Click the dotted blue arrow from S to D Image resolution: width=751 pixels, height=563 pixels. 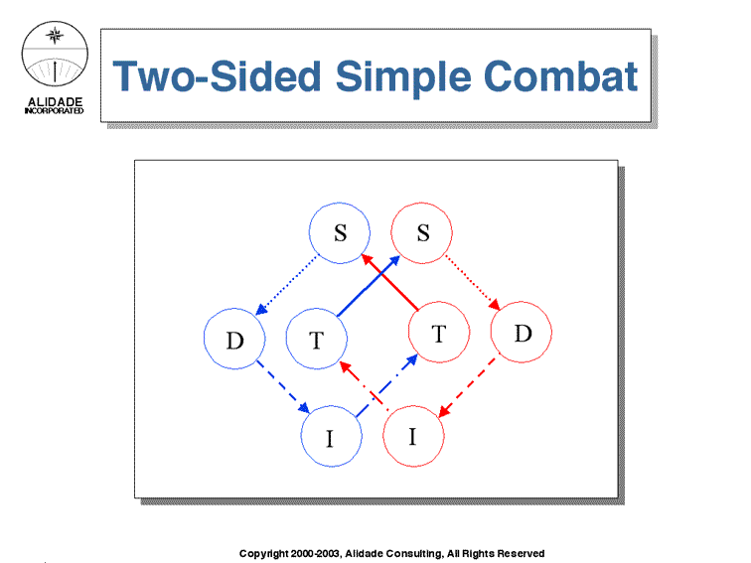(286, 285)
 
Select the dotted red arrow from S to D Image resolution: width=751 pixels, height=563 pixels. (473, 283)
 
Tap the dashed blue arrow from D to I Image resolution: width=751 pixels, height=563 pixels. (283, 387)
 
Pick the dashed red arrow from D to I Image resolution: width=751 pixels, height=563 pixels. (469, 385)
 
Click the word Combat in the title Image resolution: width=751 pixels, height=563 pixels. (560, 76)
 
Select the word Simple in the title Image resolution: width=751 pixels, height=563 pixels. (403, 79)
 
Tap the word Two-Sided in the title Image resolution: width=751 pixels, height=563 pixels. (217, 76)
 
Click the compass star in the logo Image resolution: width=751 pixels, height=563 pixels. (55, 36)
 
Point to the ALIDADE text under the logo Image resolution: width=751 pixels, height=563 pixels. (55, 102)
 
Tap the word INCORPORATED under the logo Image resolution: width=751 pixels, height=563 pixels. (54, 111)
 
